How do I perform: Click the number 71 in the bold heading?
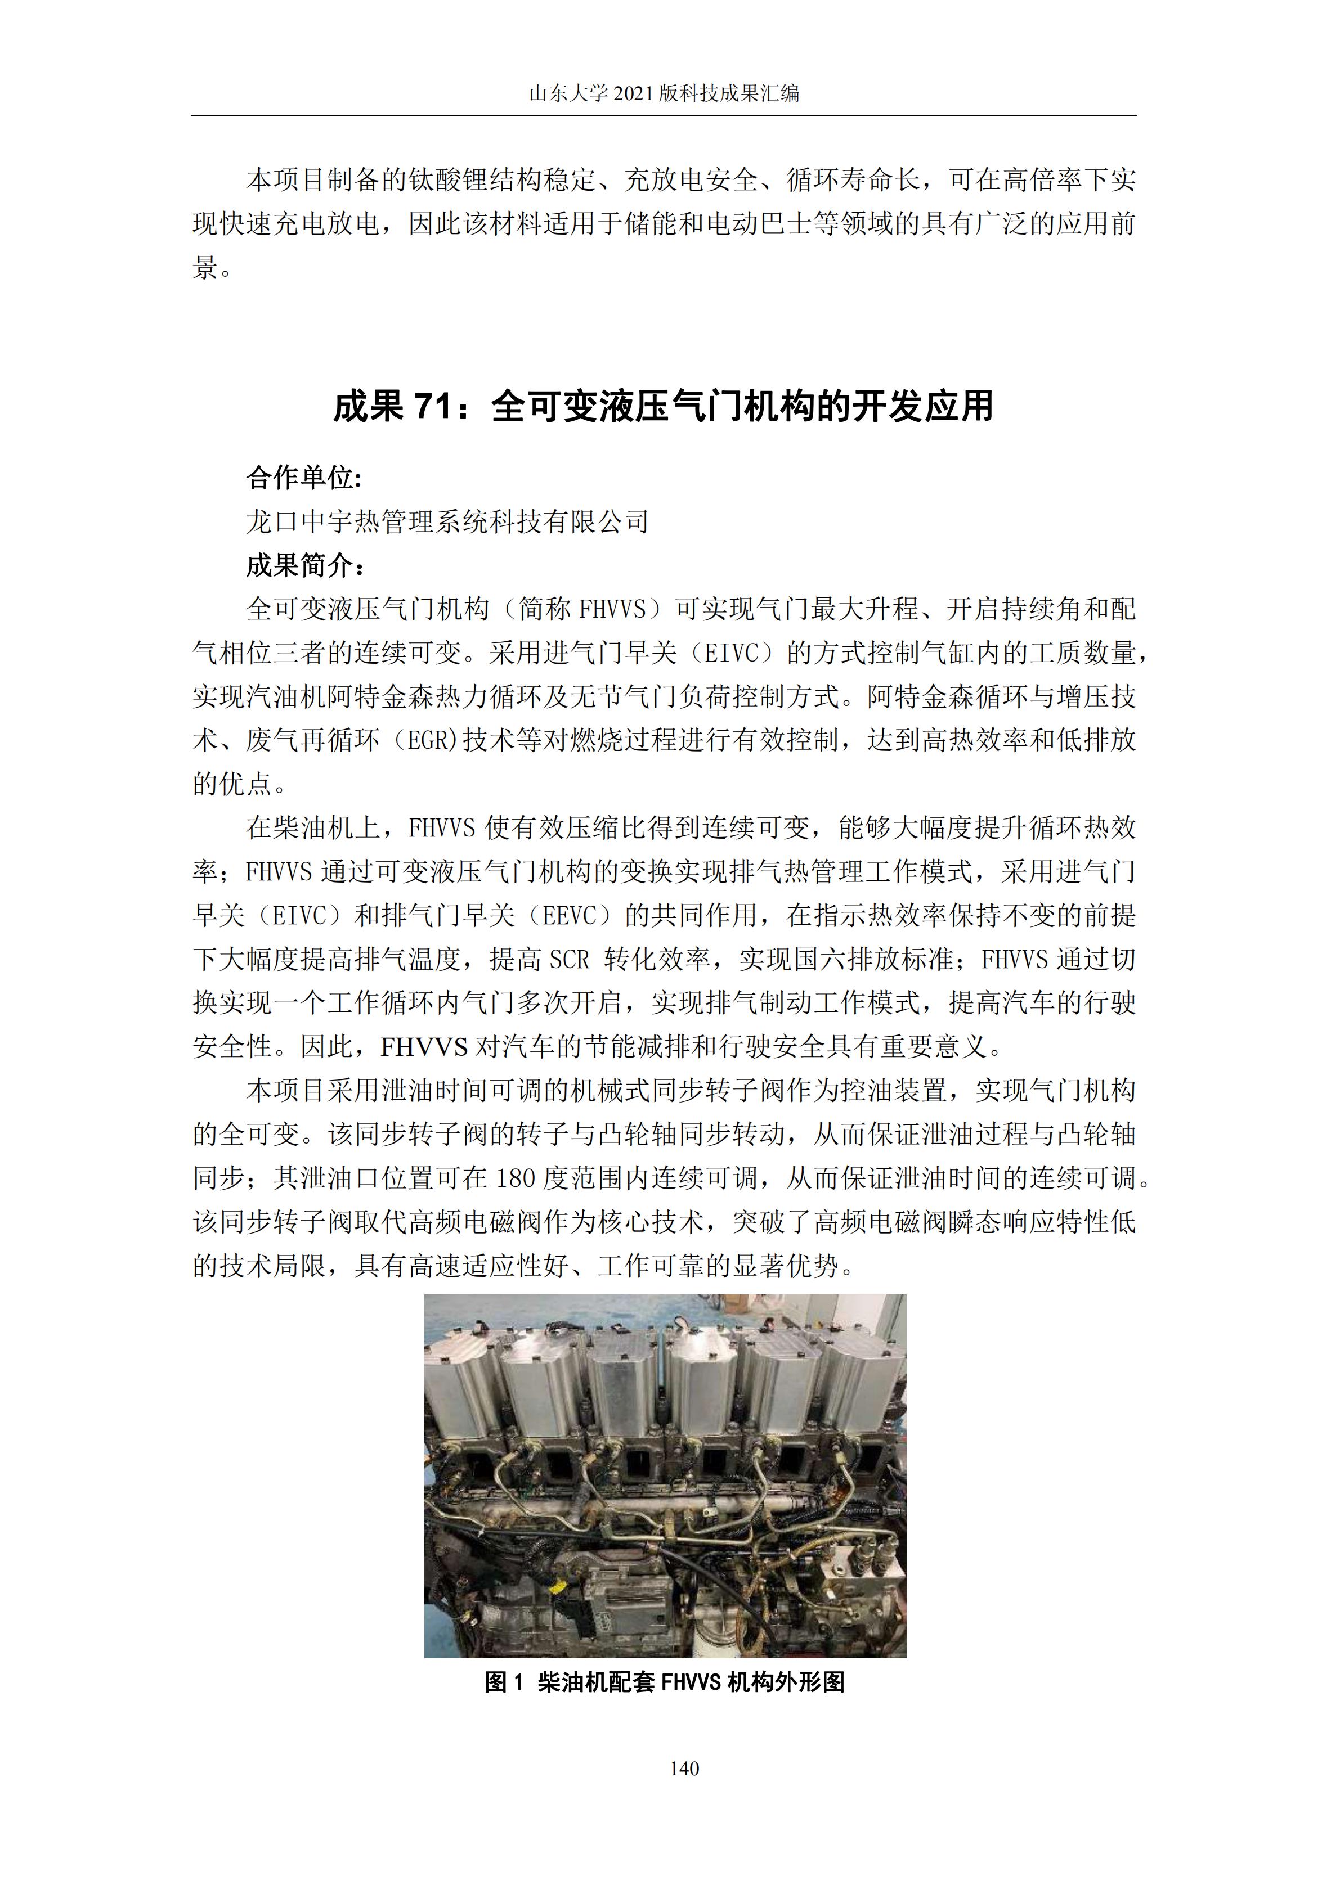pyautogui.click(x=434, y=407)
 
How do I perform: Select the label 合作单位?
pyautogui.click(x=304, y=478)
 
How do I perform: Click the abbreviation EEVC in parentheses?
pyautogui.click(x=568, y=916)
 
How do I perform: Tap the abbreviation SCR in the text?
pyautogui.click(x=570, y=959)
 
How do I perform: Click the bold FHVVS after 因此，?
pyautogui.click(x=424, y=1047)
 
